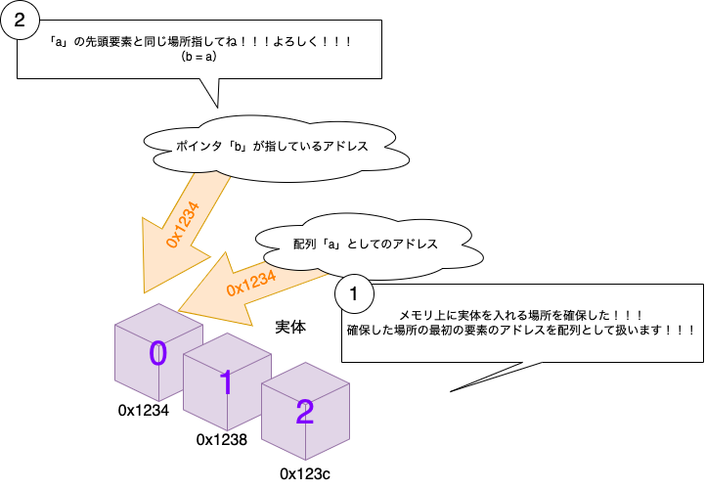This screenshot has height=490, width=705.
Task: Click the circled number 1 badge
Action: point(354,291)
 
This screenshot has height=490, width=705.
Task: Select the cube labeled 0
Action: point(156,353)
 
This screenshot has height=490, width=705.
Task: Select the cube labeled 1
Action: point(225,382)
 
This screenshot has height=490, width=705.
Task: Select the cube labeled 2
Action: point(303,412)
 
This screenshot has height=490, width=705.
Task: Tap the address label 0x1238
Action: point(222,440)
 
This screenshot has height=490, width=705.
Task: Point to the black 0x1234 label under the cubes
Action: point(144,411)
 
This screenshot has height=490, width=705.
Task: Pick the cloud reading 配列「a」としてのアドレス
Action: point(364,243)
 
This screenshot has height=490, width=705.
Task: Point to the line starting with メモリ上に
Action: point(519,314)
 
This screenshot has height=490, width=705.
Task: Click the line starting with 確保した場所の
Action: point(521,330)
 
